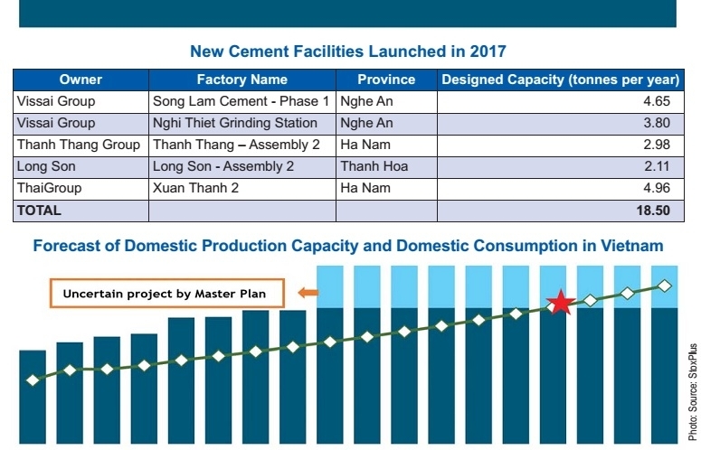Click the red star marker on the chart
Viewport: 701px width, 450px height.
(561, 303)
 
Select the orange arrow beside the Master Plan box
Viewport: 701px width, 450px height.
(308, 293)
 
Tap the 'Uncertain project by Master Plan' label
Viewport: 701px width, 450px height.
(166, 294)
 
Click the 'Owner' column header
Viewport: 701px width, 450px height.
(81, 80)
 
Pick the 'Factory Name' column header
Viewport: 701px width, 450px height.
(242, 80)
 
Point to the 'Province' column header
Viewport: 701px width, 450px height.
(386, 80)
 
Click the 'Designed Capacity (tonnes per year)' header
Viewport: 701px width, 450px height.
(560, 80)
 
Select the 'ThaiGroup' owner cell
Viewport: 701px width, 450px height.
(50, 188)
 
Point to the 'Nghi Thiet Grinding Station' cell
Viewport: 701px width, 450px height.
(235, 123)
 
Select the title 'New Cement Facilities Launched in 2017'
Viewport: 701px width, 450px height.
(348, 51)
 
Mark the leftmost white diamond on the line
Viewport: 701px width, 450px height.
(33, 380)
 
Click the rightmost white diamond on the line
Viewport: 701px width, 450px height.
(664, 286)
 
